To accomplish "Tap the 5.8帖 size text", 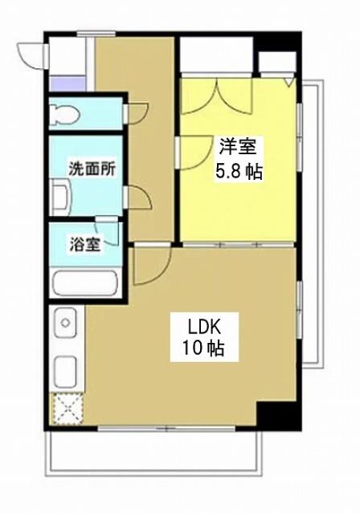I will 238,170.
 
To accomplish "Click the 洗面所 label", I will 91,169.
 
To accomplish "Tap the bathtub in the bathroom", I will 85,284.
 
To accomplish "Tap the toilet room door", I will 134,112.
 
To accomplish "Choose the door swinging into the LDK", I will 149,265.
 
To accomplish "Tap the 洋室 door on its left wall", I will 191,151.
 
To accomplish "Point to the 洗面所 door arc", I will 137,197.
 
